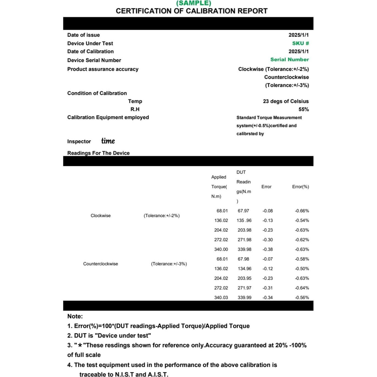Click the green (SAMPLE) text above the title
point(193,3)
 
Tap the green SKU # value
point(300,43)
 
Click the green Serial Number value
point(289,60)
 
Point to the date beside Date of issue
point(298,35)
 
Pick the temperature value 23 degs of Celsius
point(285,101)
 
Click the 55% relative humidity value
point(303,109)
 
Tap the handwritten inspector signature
point(108,141)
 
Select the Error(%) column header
point(300,187)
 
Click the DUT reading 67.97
point(243,211)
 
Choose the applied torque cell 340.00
point(221,249)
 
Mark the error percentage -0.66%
point(302,211)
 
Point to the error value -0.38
point(267,249)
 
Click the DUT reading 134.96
point(244,268)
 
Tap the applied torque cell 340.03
point(221,297)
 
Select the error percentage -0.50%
point(302,268)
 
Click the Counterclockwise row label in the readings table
point(101,264)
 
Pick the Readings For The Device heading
point(98,153)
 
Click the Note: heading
point(75,316)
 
